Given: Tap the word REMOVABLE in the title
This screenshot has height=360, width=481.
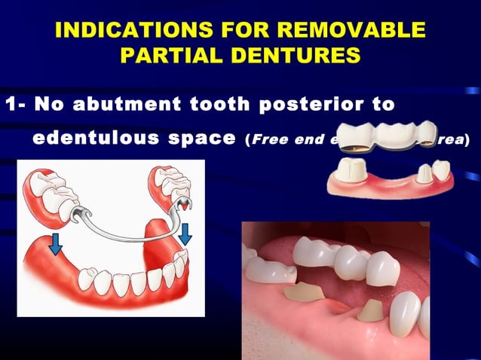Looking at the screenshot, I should point(359,31).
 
